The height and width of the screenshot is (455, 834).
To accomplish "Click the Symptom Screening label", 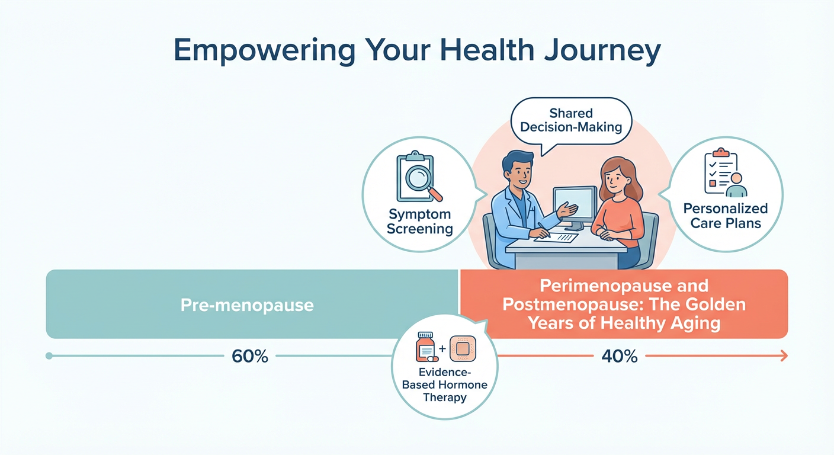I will (x=419, y=221).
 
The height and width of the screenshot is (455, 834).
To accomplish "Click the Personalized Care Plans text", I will (x=725, y=216).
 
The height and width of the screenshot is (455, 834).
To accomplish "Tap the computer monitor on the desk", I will (x=575, y=204).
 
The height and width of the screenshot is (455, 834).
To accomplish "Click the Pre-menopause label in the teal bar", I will (x=247, y=306).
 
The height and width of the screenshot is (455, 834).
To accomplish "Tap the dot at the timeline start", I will (x=49, y=356).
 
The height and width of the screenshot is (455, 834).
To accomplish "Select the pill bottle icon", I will (x=425, y=349).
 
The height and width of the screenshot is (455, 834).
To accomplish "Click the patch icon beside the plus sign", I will (x=463, y=349).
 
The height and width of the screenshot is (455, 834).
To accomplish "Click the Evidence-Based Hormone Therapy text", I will (x=444, y=384).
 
